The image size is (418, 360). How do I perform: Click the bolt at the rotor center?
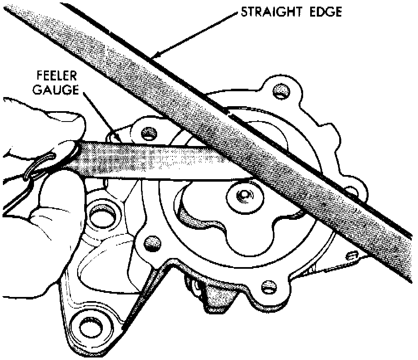(243, 195)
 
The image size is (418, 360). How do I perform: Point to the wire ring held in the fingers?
(39, 166)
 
